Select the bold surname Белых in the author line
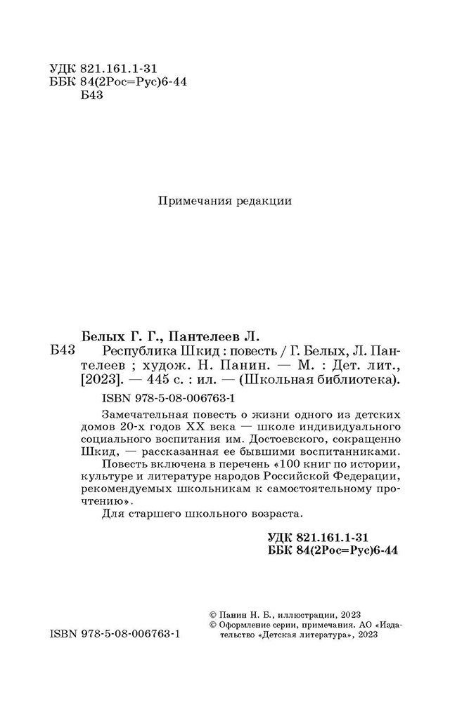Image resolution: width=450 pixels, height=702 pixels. point(98,334)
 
